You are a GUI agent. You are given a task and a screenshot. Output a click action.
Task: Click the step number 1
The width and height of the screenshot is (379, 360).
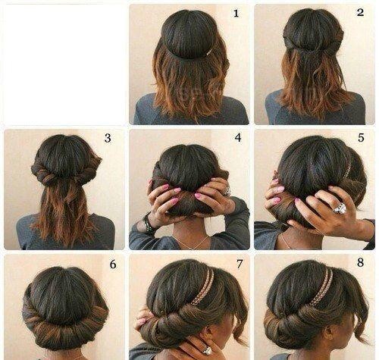pyautogui.click(x=236, y=13)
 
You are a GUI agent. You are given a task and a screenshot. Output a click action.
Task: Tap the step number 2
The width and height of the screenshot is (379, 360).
pyautogui.click(x=360, y=12)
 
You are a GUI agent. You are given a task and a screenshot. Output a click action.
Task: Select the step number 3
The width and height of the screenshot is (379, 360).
pyautogui.click(x=108, y=138)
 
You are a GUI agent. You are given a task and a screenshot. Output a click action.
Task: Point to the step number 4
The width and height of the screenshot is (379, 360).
pyautogui.click(x=238, y=137)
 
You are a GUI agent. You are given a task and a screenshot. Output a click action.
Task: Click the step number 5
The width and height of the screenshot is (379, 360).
pyautogui.click(x=361, y=138)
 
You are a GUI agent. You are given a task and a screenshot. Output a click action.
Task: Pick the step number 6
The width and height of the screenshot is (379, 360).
pyautogui.click(x=113, y=265)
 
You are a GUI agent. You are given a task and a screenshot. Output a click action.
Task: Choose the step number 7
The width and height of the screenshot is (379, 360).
pyautogui.click(x=240, y=264)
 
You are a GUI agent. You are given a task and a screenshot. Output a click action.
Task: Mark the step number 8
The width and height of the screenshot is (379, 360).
pyautogui.click(x=361, y=263)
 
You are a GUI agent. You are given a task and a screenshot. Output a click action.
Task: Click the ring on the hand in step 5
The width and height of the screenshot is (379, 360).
pyautogui.click(x=340, y=208)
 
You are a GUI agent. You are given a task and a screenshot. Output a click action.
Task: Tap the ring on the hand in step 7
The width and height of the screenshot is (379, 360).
pyautogui.click(x=207, y=350)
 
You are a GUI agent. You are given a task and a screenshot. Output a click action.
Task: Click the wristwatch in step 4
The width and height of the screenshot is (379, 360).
pyautogui.click(x=147, y=222)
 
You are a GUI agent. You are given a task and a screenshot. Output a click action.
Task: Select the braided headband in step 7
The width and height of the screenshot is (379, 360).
pyautogui.click(x=202, y=286)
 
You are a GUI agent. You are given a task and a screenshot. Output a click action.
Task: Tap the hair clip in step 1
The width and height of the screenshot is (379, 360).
pyautogui.click(x=209, y=52)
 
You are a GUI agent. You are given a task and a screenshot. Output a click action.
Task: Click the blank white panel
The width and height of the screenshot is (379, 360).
pyautogui.click(x=64, y=64)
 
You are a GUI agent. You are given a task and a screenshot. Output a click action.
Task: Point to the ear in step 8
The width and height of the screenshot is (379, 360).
pyautogui.click(x=329, y=336)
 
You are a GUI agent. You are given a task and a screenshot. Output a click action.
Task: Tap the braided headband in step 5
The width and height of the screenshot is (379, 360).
pyautogui.click(x=348, y=170)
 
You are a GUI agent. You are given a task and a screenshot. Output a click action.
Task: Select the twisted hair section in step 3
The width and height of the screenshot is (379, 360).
pyautogui.click(x=66, y=172)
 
